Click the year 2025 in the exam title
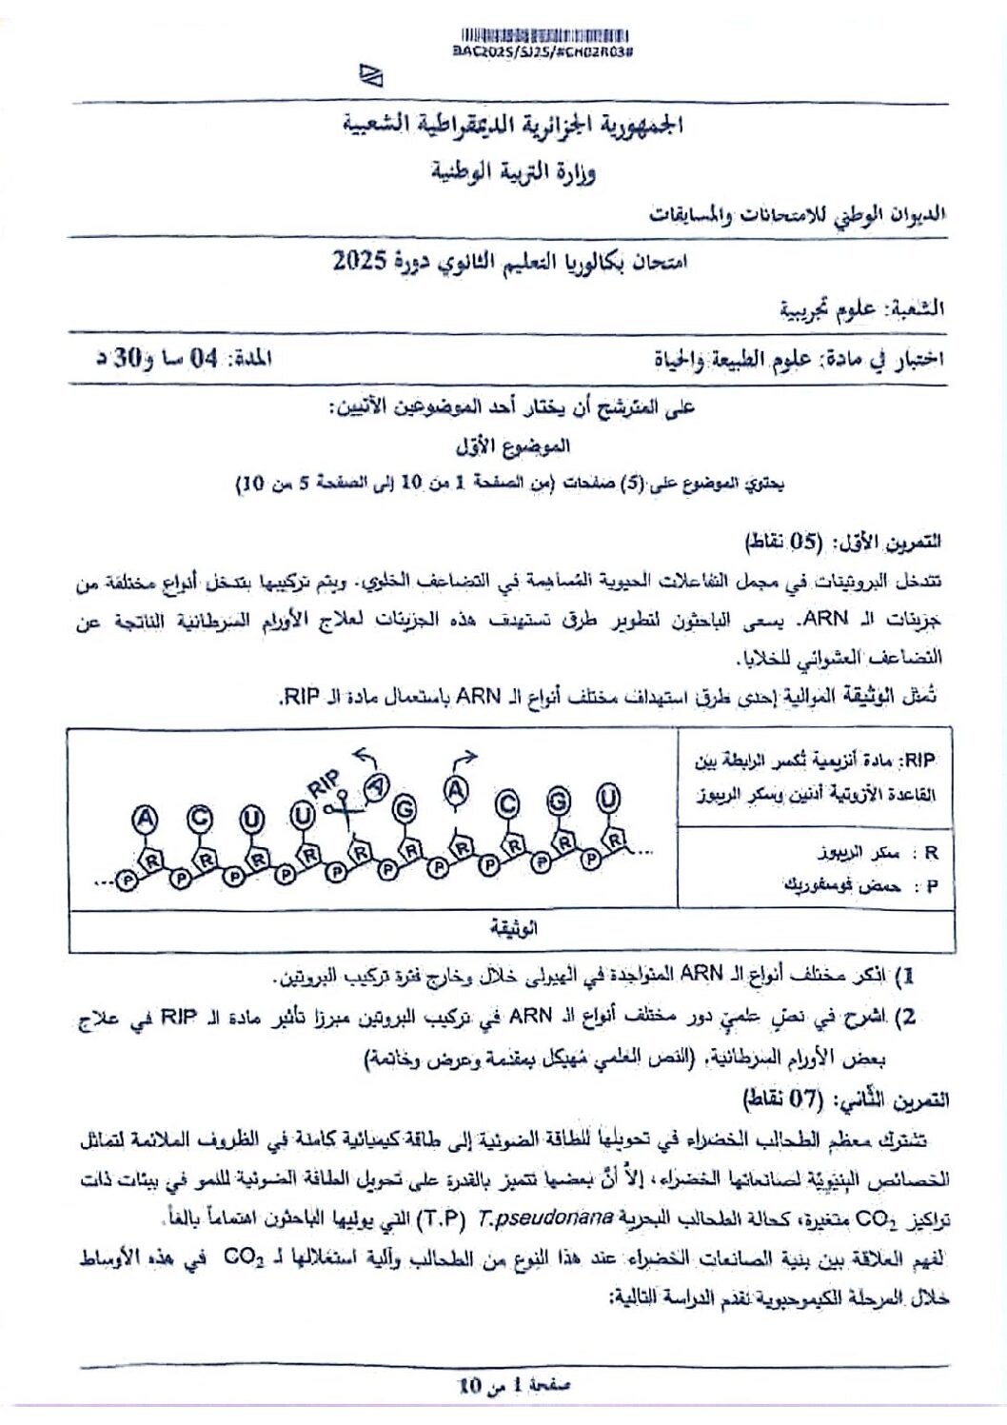(x=359, y=260)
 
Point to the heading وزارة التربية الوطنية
(x=512, y=172)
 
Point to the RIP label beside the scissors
(x=323, y=783)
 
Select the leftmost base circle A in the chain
(x=145, y=818)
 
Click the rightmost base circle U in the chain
(x=608, y=798)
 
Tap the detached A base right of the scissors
(x=378, y=786)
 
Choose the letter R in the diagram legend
(x=931, y=853)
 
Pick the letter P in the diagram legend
(x=931, y=886)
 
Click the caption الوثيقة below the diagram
(x=513, y=928)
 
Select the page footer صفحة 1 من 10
(x=514, y=1385)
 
